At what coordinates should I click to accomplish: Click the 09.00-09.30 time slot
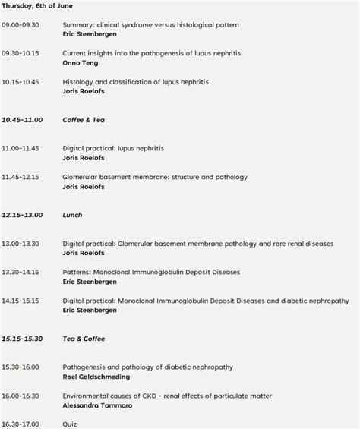[x=21, y=25]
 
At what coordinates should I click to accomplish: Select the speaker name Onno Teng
[x=81, y=62]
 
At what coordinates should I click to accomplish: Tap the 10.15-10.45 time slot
[x=21, y=82]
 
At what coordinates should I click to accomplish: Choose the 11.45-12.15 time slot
[x=21, y=177]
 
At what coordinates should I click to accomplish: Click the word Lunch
[x=72, y=215]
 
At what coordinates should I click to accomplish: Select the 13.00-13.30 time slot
[x=21, y=243]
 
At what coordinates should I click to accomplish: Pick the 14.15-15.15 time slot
[x=21, y=300]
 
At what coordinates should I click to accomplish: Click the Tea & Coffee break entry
[x=84, y=339]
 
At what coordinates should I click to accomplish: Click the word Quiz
[x=69, y=424]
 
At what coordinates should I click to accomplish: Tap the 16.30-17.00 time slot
[x=21, y=424]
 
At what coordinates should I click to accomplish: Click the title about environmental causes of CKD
[x=167, y=396]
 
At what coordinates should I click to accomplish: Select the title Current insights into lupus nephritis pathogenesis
[x=152, y=53]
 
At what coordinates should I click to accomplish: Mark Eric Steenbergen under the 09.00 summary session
[x=90, y=34]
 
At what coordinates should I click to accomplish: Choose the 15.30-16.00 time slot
[x=21, y=367]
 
